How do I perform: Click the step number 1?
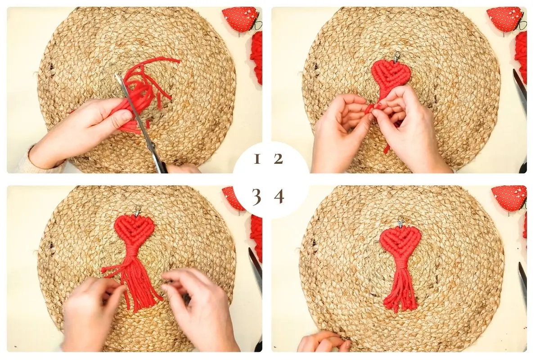click(257, 159)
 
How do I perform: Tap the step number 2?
click(278, 159)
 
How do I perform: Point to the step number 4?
click(279, 197)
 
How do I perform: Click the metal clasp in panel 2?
click(397, 57)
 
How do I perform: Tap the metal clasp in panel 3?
click(138, 211)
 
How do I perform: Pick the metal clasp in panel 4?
click(400, 222)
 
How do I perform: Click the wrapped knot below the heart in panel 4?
click(400, 264)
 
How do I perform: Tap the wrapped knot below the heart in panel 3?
click(132, 253)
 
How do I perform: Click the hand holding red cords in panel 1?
click(82, 130)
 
